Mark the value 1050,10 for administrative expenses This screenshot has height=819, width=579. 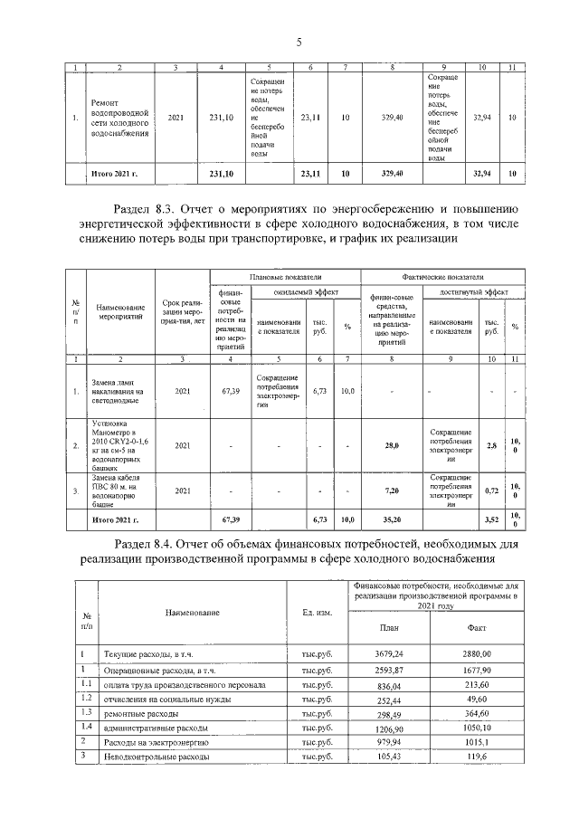click(477, 728)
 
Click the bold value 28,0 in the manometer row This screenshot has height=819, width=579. click(392, 445)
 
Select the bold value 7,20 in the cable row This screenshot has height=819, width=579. click(392, 489)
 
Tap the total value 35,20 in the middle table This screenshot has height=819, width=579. click(392, 519)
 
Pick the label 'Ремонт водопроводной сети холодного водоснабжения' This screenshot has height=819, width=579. click(119, 118)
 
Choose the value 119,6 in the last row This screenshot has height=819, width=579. click(477, 756)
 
